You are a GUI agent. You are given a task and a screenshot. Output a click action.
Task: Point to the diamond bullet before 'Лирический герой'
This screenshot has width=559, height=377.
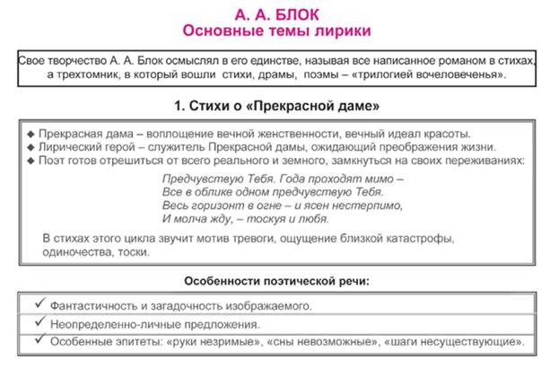point(31,146)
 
